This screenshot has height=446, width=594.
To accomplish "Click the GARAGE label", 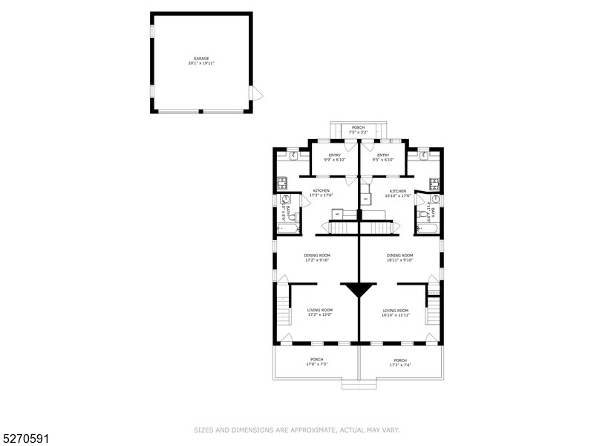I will tap(201, 58).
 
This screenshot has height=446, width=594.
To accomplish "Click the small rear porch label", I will tap(358, 128).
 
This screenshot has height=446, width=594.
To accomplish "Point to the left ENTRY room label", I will tap(334, 155).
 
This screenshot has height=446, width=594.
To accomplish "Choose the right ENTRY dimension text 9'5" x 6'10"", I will tap(383, 160).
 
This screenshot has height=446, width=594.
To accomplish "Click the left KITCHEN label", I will tap(321, 191).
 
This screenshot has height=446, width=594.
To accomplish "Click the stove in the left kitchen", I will tap(282, 181).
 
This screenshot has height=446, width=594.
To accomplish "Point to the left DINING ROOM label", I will tap(316, 256).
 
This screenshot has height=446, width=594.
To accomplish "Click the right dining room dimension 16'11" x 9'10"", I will tap(399, 261).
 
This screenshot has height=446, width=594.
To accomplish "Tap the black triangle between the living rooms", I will tap(359, 289).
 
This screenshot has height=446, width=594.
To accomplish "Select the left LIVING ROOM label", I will tap(320, 310).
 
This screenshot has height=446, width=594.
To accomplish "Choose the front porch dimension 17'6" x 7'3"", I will tap(316, 364).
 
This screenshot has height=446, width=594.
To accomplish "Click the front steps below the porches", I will tap(359, 384).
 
